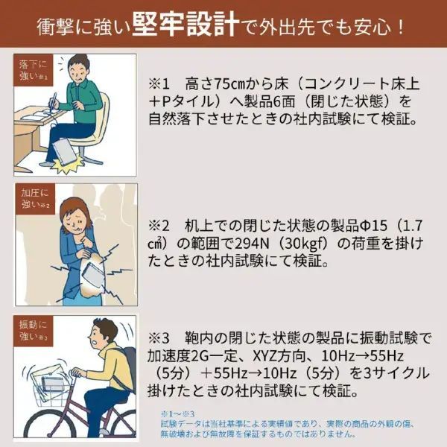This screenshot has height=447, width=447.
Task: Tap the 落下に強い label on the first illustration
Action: coord(33,70)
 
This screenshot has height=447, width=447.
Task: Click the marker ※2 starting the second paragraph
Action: coord(161,225)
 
